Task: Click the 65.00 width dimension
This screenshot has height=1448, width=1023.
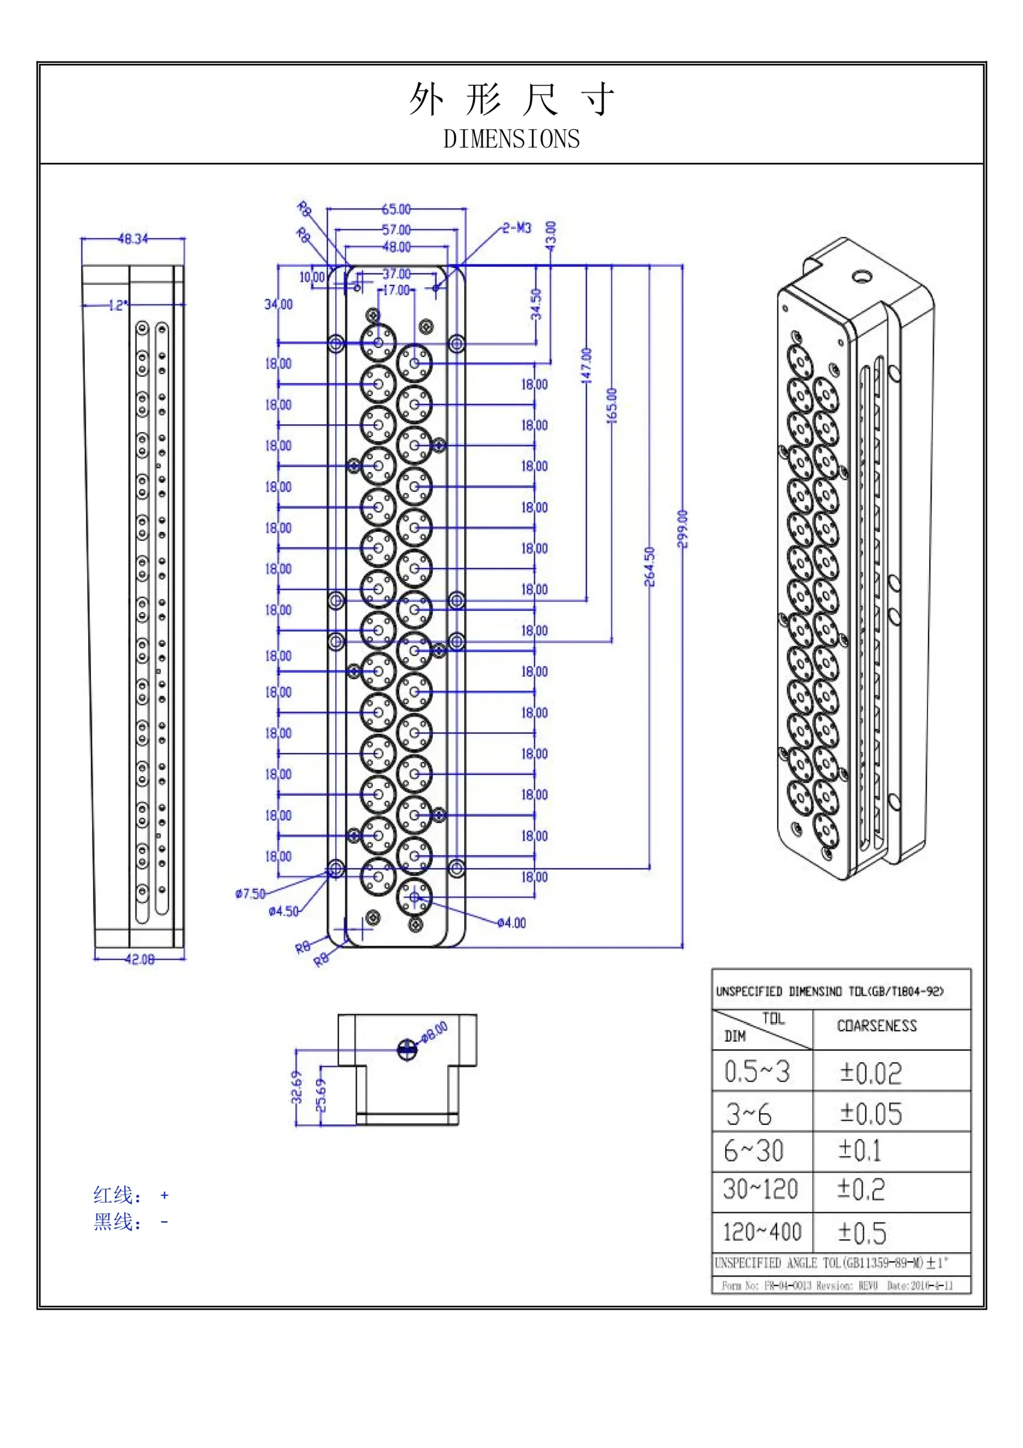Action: (396, 209)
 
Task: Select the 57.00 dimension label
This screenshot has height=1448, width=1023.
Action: (396, 230)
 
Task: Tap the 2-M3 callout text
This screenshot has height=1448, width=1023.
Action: (517, 228)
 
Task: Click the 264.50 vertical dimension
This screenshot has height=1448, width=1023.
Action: (650, 566)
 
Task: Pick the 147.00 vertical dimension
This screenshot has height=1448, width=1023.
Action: (586, 366)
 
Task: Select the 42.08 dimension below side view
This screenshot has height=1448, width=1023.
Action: (139, 959)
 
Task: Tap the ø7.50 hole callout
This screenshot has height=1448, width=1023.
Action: (250, 894)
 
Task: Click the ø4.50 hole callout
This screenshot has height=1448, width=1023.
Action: (283, 911)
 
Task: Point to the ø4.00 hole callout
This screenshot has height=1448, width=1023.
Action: (511, 923)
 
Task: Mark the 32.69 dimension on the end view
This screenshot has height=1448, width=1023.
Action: (297, 1087)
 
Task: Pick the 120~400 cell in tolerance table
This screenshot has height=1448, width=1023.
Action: (761, 1232)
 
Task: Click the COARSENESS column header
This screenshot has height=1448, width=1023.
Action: (876, 1026)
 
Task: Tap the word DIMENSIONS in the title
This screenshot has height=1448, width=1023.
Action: (511, 139)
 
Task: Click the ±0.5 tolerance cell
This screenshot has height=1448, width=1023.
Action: (862, 1233)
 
